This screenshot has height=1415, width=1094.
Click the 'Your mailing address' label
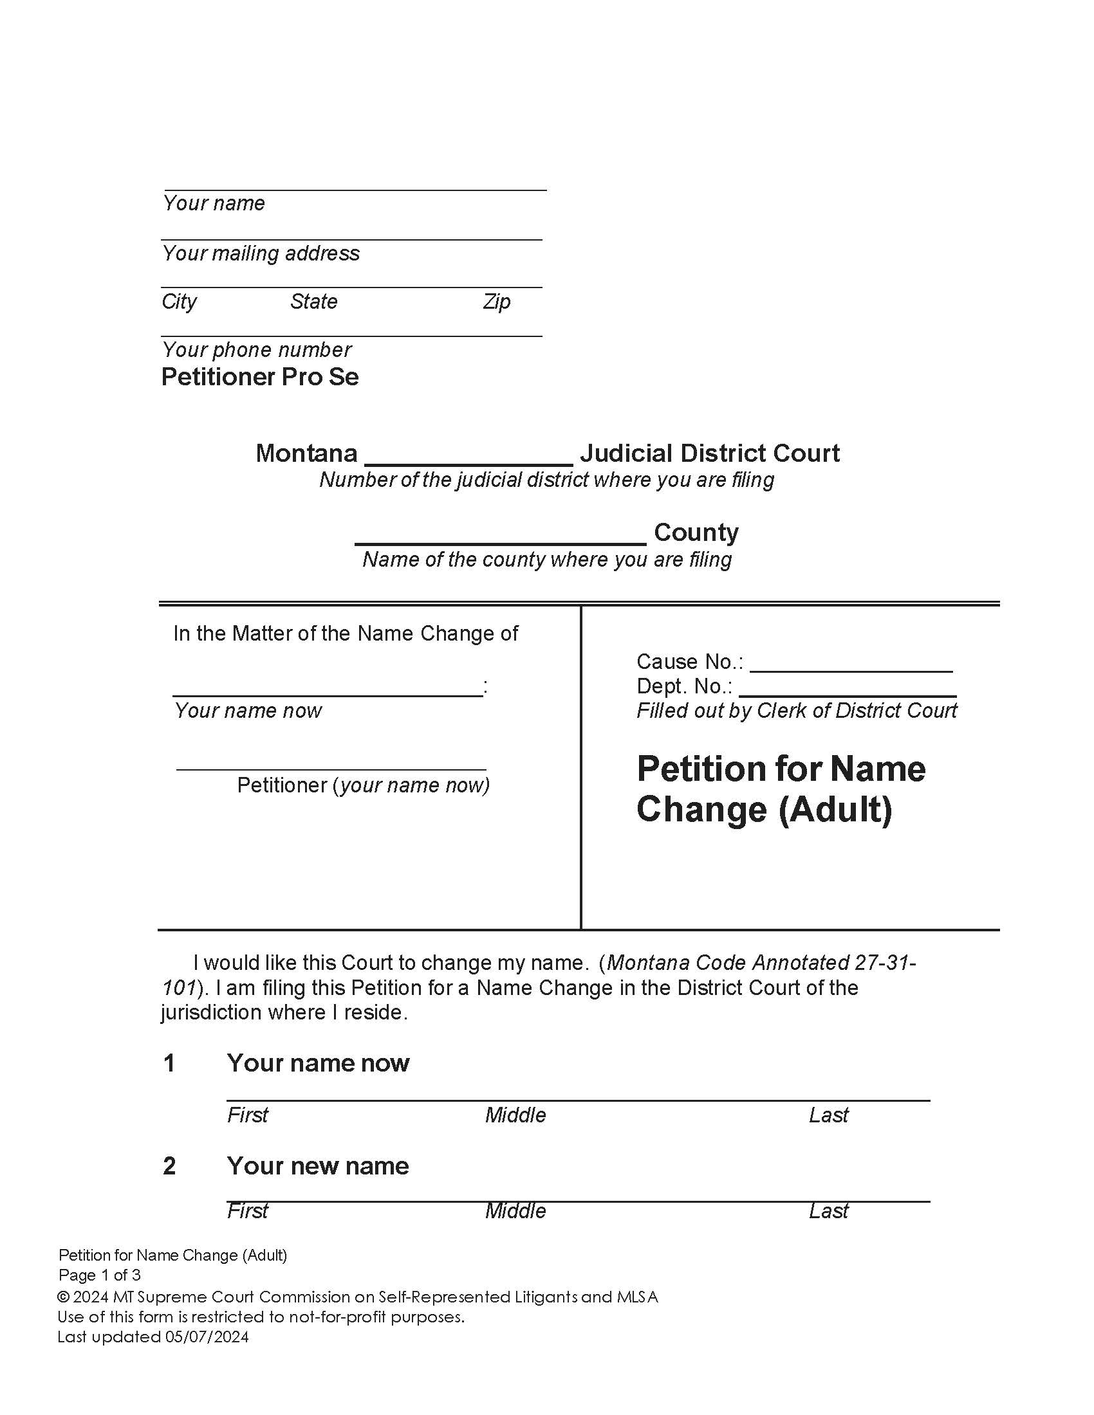(261, 253)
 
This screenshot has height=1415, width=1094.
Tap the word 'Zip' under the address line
(496, 302)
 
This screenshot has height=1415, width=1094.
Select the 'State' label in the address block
(313, 302)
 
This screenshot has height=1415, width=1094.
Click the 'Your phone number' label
(257, 350)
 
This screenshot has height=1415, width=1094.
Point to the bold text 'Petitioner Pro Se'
(260, 377)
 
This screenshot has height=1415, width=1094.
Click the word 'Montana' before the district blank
(306, 453)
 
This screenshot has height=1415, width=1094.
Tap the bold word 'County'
(696, 533)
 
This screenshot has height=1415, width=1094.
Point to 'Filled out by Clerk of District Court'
(797, 711)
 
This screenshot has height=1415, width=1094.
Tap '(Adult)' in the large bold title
(835, 810)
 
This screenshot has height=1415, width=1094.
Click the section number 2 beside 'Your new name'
(169, 1166)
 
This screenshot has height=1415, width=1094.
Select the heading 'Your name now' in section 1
(317, 1063)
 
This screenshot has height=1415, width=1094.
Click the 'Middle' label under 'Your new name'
(515, 1210)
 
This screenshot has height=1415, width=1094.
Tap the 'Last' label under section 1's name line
(828, 1115)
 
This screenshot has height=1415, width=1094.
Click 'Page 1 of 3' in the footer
(100, 1275)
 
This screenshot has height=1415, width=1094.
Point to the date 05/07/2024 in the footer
(207, 1337)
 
